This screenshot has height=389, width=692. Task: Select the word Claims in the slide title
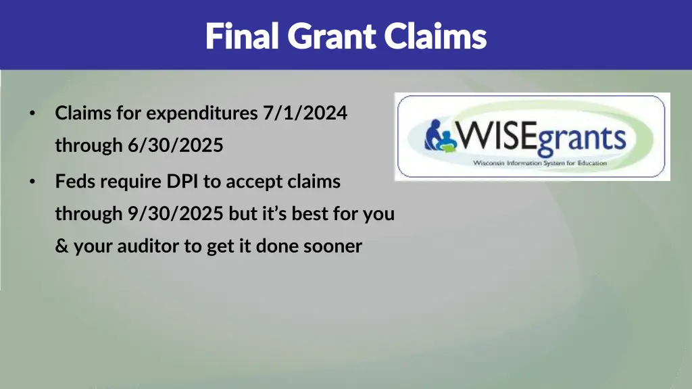436,36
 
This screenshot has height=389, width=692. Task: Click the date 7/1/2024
305,113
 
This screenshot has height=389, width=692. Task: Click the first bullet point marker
32,113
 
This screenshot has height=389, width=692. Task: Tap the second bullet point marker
32,182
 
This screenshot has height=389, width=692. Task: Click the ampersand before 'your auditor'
61,247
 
